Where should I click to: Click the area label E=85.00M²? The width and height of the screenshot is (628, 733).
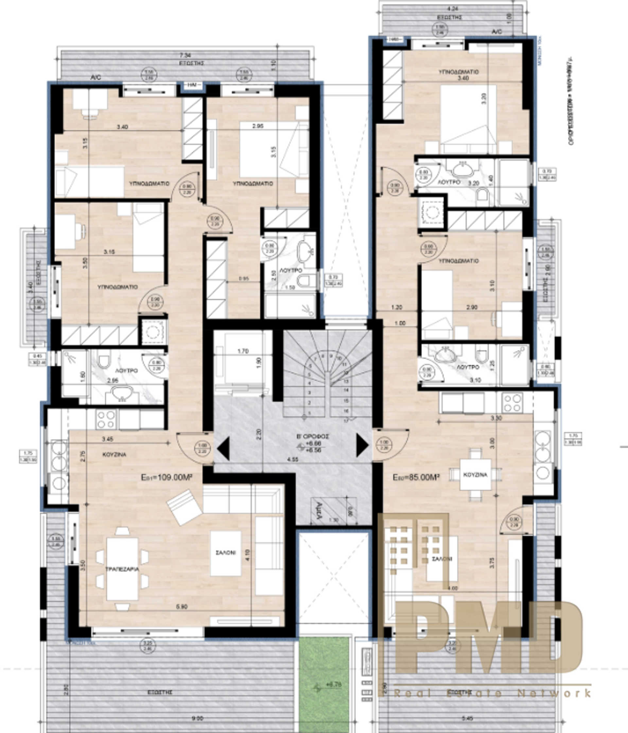pos(416,477)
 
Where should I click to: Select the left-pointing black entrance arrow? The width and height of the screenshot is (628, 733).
pos(224,448)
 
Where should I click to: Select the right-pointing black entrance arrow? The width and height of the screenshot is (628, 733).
pos(362,445)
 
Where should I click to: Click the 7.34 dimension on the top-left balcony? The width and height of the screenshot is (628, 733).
pos(185,55)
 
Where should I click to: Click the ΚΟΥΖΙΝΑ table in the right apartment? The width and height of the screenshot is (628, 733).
pos(475,474)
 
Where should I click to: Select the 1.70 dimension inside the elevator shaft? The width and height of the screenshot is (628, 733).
pos(243,351)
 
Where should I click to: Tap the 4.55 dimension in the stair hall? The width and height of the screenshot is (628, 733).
pos(293,460)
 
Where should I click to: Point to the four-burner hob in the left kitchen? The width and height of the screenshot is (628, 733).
pos(106,419)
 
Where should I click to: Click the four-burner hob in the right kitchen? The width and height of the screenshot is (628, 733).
pos(512,403)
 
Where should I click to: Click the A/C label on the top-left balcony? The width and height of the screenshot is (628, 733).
pos(96,77)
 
